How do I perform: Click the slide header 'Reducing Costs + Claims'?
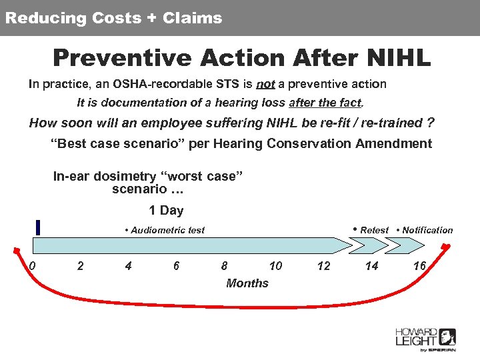tap(113, 18)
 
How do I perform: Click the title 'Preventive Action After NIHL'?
tap(241, 57)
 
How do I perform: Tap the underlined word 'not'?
tap(265, 84)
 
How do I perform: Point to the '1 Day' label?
tap(166, 211)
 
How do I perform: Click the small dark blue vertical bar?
tap(39, 227)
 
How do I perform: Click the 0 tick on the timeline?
tap(32, 266)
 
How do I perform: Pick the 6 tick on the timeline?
tap(176, 266)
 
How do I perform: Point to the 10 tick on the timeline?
tap(275, 266)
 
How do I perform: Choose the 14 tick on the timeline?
tap(371, 266)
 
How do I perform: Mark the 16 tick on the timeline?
tap(419, 266)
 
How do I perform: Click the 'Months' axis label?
tap(247, 283)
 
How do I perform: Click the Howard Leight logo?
tap(425, 339)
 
